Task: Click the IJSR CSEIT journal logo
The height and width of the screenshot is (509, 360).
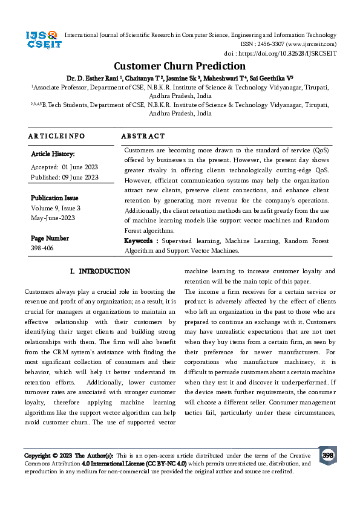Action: pyautogui.click(x=41, y=40)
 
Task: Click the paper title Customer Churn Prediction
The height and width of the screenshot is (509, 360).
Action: pyautogui.click(x=180, y=66)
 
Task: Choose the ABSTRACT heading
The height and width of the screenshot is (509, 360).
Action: pyautogui.click(x=143, y=137)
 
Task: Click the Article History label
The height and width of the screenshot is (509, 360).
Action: pyautogui.click(x=53, y=154)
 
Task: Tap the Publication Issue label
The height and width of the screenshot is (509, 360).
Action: pyautogui.click(x=54, y=198)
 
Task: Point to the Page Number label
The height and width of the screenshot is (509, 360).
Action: pyautogui.click(x=50, y=238)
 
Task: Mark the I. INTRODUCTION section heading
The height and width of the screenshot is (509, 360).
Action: pyautogui.click(x=100, y=271)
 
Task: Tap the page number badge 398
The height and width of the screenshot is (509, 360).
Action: pyautogui.click(x=328, y=455)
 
